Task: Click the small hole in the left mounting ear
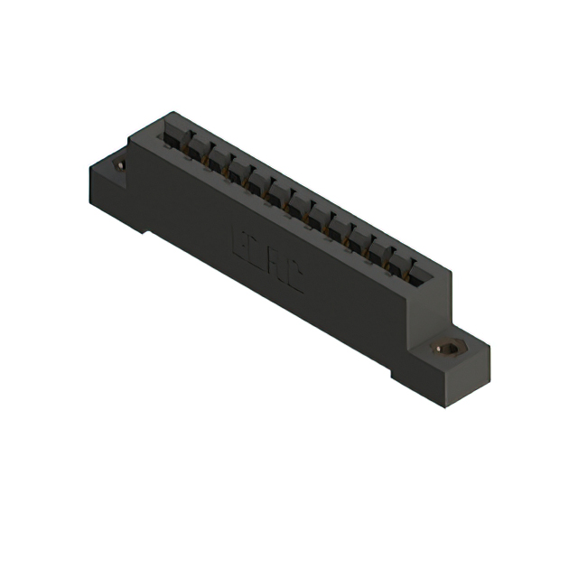pyautogui.click(x=118, y=166)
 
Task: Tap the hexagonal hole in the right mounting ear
pyautogui.click(x=445, y=348)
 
